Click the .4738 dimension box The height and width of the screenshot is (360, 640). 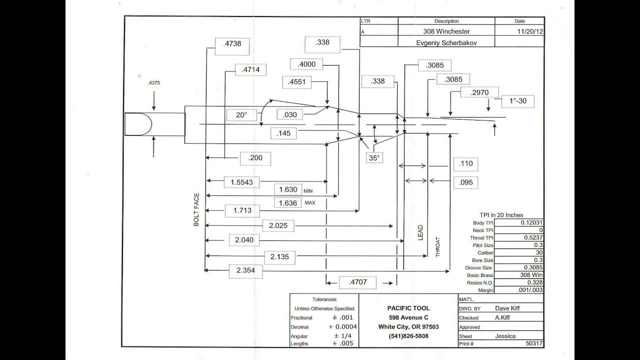tap(232, 46)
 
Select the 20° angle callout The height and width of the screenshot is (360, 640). tap(241, 115)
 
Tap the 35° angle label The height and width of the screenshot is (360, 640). tap(374, 158)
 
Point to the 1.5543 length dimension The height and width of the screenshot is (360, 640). tap(241, 182)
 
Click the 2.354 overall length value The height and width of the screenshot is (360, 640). tap(245, 270)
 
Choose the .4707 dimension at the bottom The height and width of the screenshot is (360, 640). tap(357, 282)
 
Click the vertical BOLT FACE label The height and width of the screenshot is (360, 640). tap(196, 209)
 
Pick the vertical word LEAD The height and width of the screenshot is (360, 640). tap(420, 232)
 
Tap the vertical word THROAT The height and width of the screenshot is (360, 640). tap(437, 247)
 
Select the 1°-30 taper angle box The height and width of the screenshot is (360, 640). tap(517, 101)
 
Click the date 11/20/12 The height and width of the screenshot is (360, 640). tap(530, 31)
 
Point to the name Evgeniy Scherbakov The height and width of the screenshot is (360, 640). tap(446, 43)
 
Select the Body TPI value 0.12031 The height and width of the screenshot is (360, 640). tap(531, 222)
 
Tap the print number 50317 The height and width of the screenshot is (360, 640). tap(534, 343)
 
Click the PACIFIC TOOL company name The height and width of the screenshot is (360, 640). tap(408, 308)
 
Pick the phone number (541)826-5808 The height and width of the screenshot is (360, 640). tap(408, 336)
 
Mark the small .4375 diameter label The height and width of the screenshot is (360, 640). tap(153, 83)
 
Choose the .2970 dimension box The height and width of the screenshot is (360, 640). tap(479, 92)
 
